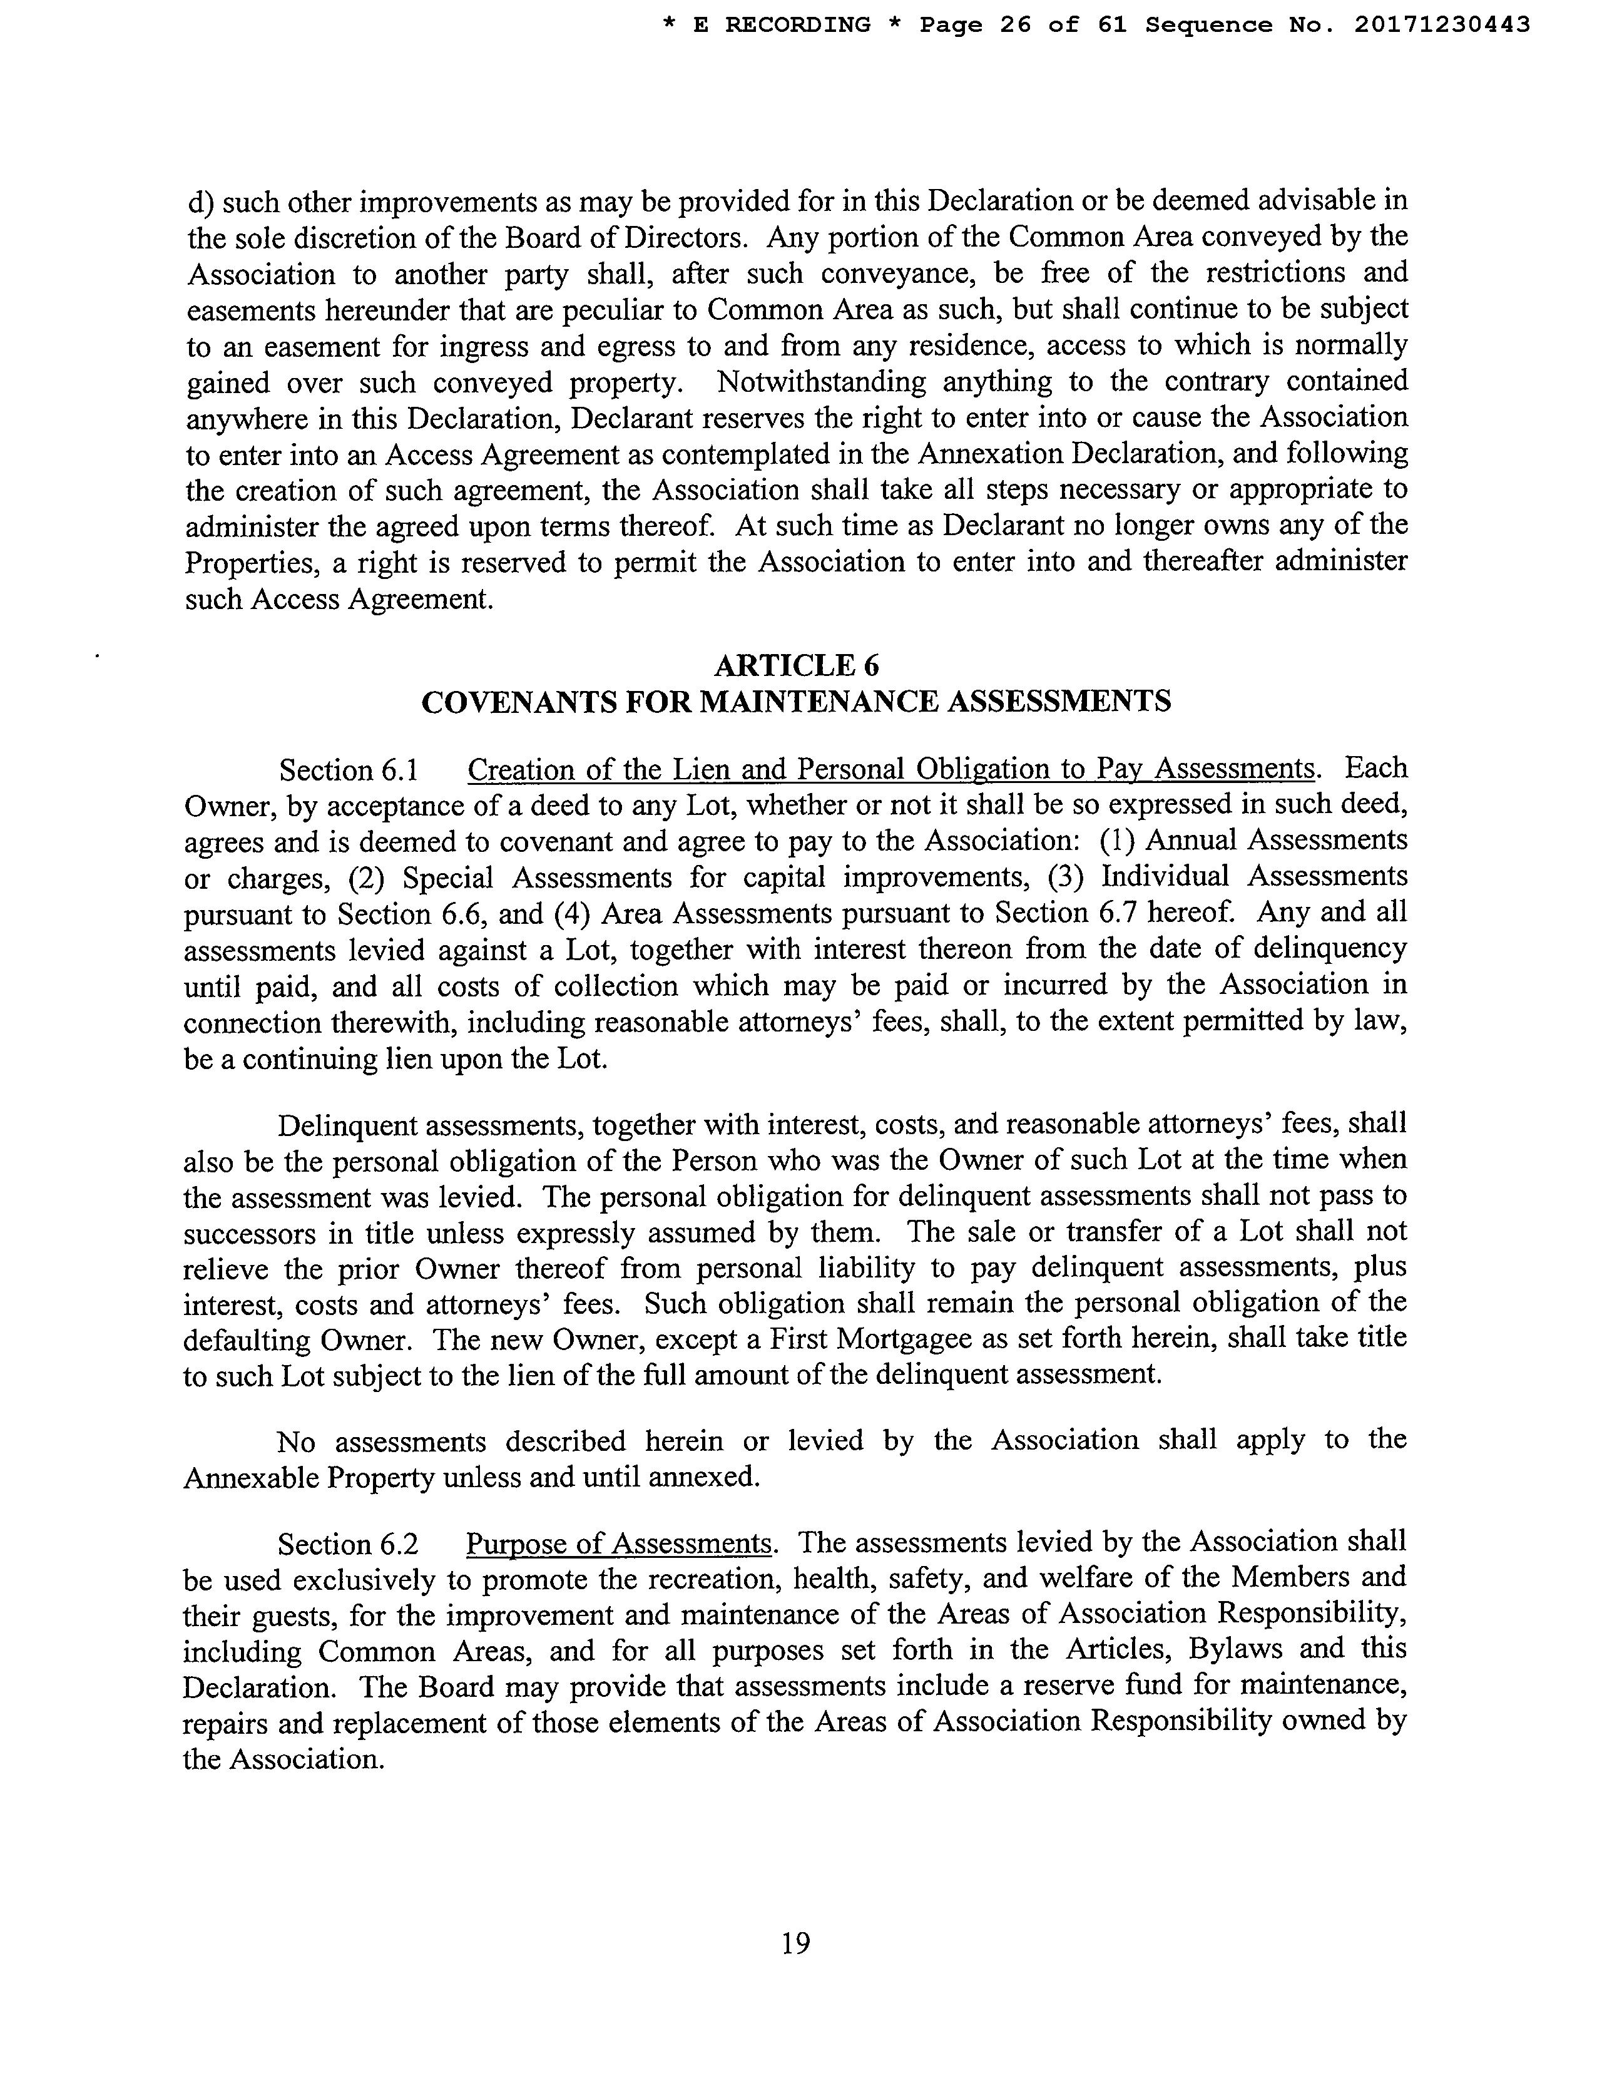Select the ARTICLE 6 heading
795,665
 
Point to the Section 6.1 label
349,770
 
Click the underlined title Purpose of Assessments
619,1544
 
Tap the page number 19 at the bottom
795,1944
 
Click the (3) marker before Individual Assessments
1065,876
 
